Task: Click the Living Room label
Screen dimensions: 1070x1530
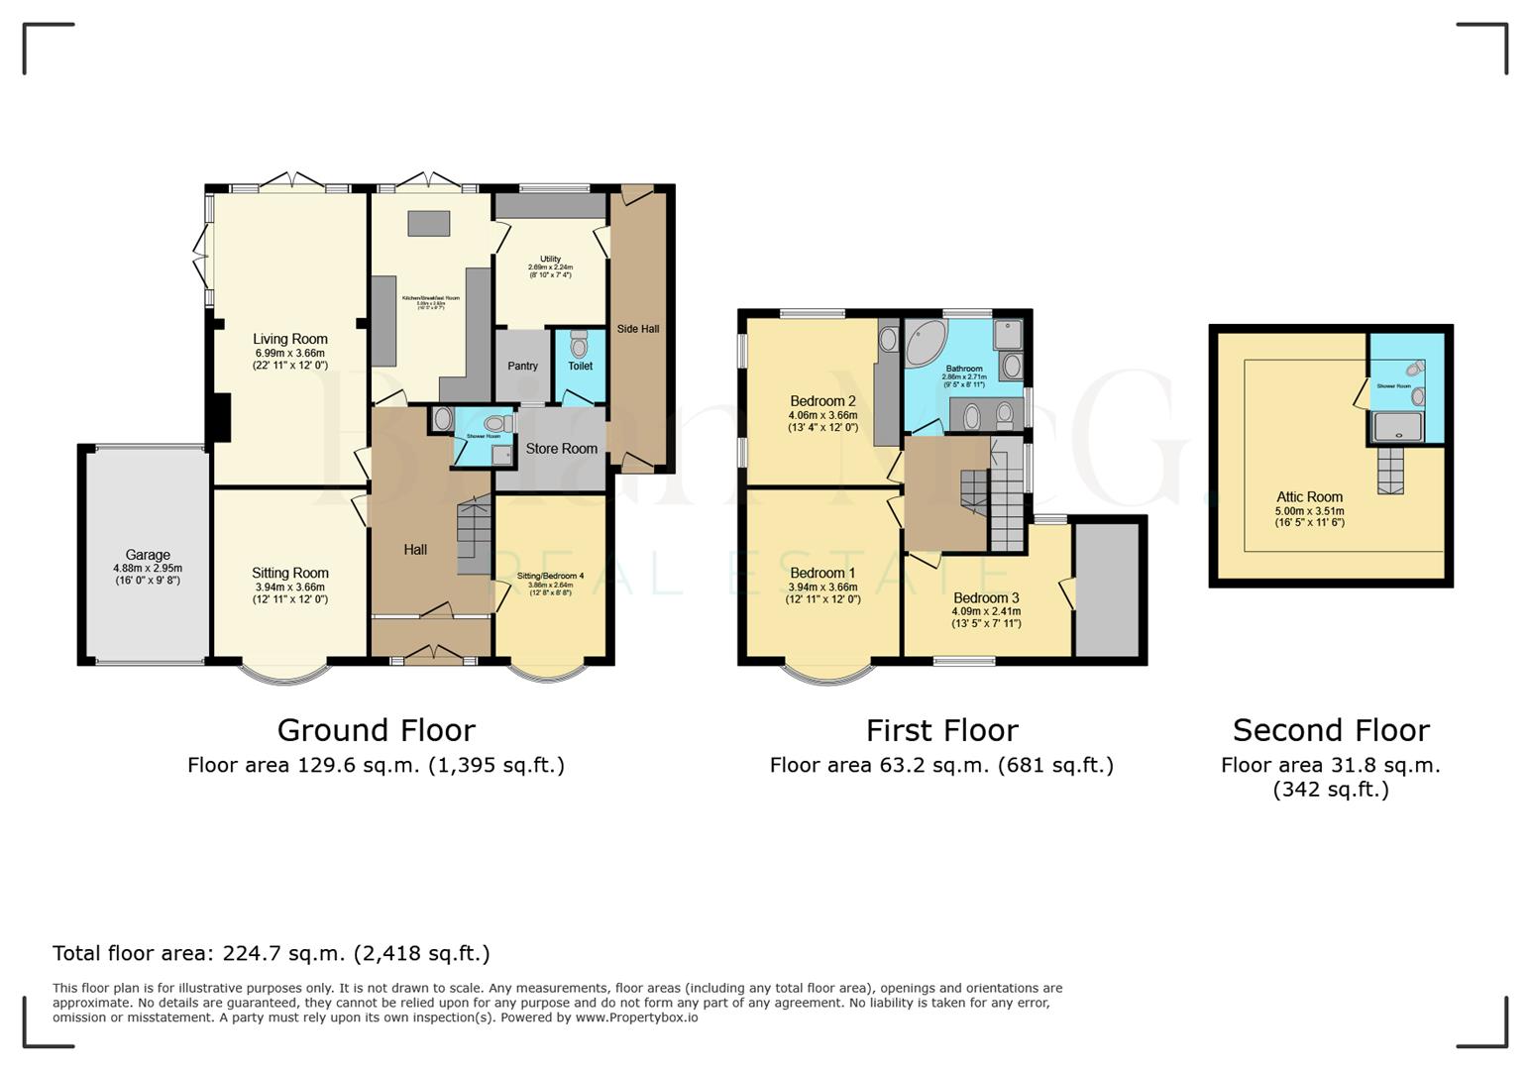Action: pos(289,339)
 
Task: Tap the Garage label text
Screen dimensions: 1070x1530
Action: pos(148,555)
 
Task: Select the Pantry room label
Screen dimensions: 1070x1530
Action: pos(522,366)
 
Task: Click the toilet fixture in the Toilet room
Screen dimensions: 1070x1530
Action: pos(579,346)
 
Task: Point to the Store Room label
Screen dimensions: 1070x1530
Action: pos(561,449)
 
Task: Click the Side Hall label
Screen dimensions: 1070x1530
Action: pos(637,329)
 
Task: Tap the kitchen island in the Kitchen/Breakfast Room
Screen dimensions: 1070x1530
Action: pos(428,223)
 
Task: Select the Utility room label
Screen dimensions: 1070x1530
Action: pos(550,259)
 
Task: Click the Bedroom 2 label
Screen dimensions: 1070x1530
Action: pos(822,401)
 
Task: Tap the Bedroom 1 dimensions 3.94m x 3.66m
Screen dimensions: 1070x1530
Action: pos(822,587)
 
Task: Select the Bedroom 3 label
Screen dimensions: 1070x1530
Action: pos(986,597)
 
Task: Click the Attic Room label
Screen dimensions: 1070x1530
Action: pos(1309,497)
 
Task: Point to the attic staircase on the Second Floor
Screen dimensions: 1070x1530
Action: pos(1390,470)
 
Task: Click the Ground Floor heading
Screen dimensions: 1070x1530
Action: pos(376,730)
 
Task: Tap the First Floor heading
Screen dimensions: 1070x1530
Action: pos(941,730)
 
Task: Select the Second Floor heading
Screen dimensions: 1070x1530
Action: pos(1330,730)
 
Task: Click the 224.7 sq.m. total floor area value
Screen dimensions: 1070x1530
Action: pos(283,953)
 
